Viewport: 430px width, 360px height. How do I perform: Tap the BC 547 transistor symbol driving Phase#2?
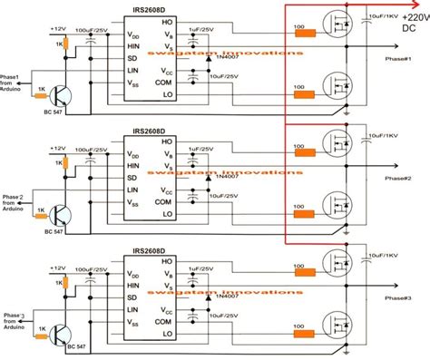pyautogui.click(x=61, y=215)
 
